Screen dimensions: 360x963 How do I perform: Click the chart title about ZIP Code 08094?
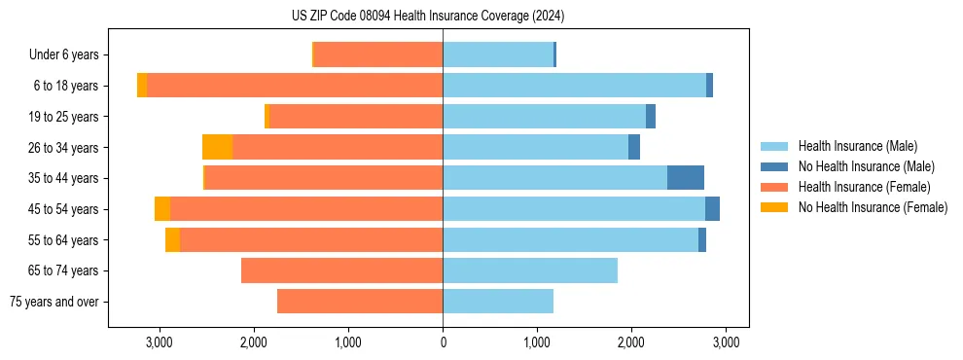428,17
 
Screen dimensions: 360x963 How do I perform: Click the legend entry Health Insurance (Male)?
857,146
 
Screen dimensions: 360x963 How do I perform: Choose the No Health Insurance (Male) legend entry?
866,166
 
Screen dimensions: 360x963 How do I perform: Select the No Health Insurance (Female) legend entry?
873,207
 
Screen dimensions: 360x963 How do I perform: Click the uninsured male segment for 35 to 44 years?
686,178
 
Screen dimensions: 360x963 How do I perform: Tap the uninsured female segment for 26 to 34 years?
217,147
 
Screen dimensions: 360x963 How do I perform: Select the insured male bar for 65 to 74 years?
530,270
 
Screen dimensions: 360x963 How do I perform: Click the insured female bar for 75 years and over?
360,302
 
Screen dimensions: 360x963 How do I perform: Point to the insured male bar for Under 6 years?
498,54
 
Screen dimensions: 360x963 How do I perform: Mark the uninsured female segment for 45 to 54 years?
162,209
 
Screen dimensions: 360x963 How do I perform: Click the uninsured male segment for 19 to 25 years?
651,117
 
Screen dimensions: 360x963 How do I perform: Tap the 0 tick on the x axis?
443,342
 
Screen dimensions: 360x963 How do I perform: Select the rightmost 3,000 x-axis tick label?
725,342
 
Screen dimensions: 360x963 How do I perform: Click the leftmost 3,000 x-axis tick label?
159,342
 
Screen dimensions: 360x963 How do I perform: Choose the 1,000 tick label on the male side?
537,342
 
